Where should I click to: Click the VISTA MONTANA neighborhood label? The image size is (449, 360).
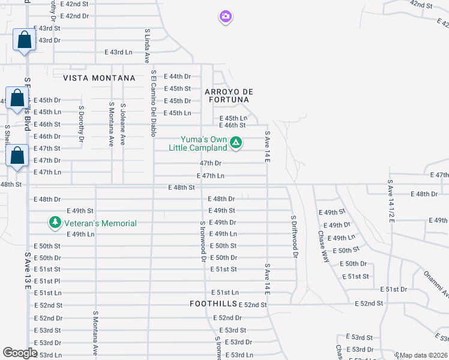[x=98, y=78]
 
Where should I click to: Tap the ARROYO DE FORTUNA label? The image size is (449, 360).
[x=229, y=95]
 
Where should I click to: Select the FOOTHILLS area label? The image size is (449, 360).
[x=213, y=304]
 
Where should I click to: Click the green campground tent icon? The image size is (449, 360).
[x=236, y=143]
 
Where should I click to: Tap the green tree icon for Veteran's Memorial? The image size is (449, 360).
[x=55, y=223]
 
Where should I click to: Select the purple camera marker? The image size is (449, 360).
[x=225, y=17]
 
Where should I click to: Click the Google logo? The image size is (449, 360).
[x=20, y=353]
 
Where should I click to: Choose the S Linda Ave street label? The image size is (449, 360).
[x=146, y=45]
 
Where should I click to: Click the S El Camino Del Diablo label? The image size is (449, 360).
[x=154, y=104]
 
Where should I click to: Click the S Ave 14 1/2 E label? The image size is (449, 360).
[x=390, y=201]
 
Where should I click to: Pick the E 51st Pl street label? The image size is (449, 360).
[x=47, y=281]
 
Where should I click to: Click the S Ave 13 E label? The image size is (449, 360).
[x=28, y=271]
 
